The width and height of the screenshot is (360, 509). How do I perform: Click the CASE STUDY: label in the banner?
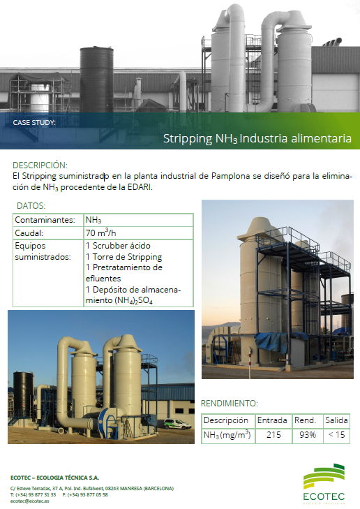[x=34, y=123]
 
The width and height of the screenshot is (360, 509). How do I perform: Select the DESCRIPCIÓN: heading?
[x=40, y=165]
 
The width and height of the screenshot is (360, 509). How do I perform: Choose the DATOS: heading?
[x=31, y=206]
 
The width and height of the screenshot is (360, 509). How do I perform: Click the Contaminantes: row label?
[x=45, y=220]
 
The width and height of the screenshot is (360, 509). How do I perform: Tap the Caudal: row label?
[x=29, y=233]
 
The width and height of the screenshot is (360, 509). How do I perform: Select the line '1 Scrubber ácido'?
[x=118, y=246]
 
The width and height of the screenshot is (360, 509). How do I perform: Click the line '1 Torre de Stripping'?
[x=123, y=257]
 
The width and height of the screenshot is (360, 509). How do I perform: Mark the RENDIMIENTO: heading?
[x=230, y=404]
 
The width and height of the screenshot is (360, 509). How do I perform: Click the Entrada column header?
[x=272, y=420]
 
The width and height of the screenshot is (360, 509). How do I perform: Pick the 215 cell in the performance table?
[x=273, y=435]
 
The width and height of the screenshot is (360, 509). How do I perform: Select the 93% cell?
[x=308, y=435]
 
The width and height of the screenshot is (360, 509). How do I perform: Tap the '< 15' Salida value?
[x=337, y=435]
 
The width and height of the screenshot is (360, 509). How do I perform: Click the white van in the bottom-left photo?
[x=177, y=424]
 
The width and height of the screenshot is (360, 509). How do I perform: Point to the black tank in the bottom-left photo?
[x=23, y=394]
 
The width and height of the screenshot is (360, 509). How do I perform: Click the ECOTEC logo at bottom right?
[x=324, y=484]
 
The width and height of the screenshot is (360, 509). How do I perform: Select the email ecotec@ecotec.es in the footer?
[x=29, y=501]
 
